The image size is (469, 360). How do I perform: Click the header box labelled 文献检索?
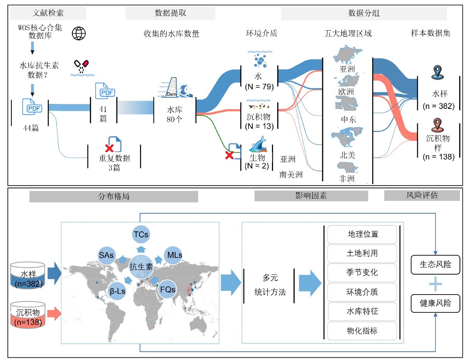pyautogui.click(x=48, y=13)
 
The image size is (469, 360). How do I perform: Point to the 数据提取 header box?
pyautogui.click(x=170, y=13)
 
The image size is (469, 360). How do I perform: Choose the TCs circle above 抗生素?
pyautogui.click(x=141, y=235)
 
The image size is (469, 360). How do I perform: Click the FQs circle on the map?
pyautogui.click(x=168, y=290)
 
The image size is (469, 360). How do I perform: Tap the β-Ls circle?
pyautogui.click(x=118, y=291)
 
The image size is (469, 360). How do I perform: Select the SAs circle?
pyautogui.click(x=107, y=255)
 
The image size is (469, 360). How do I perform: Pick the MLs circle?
pyautogui.click(x=172, y=255)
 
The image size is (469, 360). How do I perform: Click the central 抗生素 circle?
pyautogui.click(x=141, y=266)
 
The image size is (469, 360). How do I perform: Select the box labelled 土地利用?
pyautogui.click(x=362, y=253)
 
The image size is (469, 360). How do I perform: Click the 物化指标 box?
pyautogui.click(x=362, y=331)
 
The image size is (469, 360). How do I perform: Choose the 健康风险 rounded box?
pyautogui.click(x=436, y=303)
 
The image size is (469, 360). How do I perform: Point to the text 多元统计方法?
pyautogui.click(x=270, y=285)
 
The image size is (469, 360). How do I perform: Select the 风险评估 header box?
pyautogui.click(x=422, y=196)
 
